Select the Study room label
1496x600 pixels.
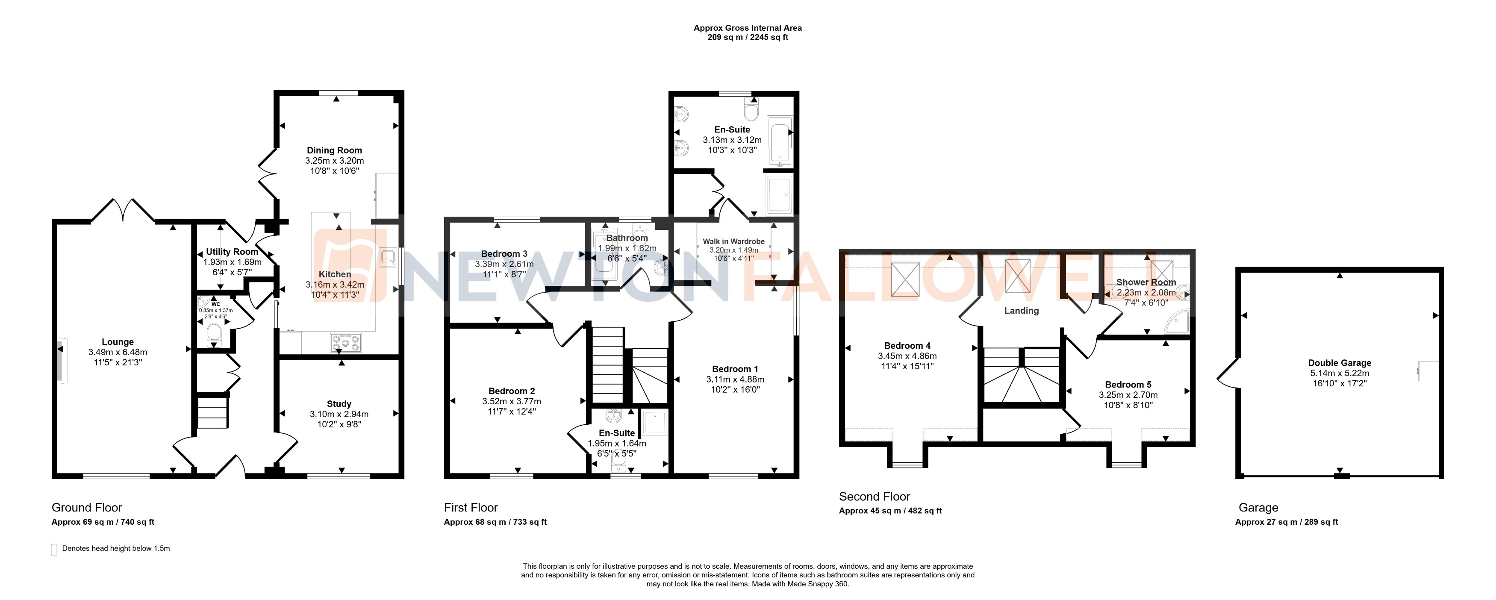[339, 404]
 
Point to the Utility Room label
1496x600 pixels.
[232, 252]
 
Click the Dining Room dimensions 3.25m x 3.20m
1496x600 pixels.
[335, 161]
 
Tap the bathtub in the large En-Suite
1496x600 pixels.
[779, 142]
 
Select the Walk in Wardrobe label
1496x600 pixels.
[733, 241]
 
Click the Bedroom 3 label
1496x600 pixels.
[504, 254]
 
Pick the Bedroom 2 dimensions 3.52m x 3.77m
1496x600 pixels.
[511, 401]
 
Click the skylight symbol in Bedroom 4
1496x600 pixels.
[905, 280]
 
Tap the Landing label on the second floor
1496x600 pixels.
[1022, 311]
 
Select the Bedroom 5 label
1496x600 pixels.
[1128, 385]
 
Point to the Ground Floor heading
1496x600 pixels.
[87, 508]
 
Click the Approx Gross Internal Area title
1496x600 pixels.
[748, 28]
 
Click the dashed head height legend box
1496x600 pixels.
[55, 550]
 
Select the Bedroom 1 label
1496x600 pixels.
[735, 369]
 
